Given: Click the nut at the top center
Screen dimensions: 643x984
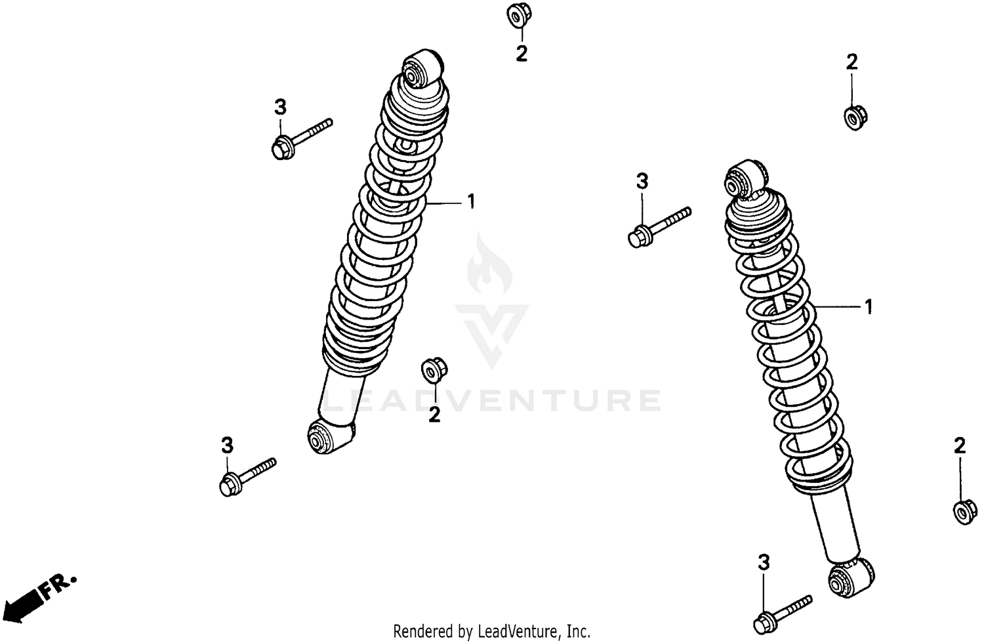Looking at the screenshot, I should [x=519, y=16].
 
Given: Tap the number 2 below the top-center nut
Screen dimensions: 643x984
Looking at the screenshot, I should [x=522, y=54].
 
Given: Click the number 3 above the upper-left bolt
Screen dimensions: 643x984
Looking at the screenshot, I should [x=280, y=107].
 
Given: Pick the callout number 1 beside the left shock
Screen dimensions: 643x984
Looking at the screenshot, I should [x=470, y=201].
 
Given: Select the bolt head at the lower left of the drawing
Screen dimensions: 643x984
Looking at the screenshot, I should [x=228, y=486].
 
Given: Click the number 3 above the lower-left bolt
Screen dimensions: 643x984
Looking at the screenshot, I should [x=227, y=446].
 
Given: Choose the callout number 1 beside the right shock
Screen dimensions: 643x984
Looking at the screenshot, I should [x=869, y=307].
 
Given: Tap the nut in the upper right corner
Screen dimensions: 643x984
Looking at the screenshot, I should [x=853, y=117].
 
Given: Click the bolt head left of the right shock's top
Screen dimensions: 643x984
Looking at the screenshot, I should [x=638, y=237].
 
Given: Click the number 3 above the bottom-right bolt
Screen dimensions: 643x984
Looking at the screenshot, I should [x=763, y=563].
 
